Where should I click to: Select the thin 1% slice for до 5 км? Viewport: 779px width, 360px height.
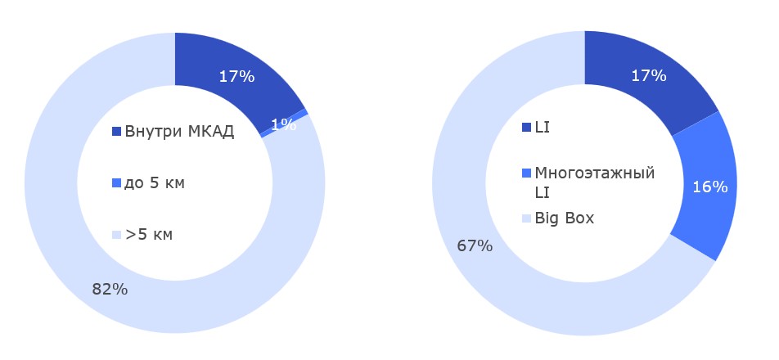coord(304,113)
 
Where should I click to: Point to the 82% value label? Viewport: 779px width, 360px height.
coord(110,288)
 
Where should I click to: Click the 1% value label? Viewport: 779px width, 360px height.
coord(283,124)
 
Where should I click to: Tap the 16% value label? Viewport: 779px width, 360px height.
coord(709,187)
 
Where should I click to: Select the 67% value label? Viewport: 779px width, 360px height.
coord(475,245)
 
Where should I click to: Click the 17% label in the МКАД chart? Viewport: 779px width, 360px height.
coord(236,77)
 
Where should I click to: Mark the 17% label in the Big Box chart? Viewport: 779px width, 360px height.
coord(648,75)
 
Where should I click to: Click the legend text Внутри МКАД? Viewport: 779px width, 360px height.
coord(179,132)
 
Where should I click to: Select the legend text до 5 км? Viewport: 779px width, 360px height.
coord(155,182)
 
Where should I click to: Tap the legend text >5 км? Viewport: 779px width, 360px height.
coord(149,235)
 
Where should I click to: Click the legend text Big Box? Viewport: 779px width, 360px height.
coord(564,218)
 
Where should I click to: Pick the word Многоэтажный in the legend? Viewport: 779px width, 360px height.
coord(594,173)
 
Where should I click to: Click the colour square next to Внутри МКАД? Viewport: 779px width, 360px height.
coord(116,132)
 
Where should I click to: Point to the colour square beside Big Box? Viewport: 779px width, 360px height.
coord(526,219)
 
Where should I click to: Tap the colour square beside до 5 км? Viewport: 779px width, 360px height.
coord(116,183)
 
